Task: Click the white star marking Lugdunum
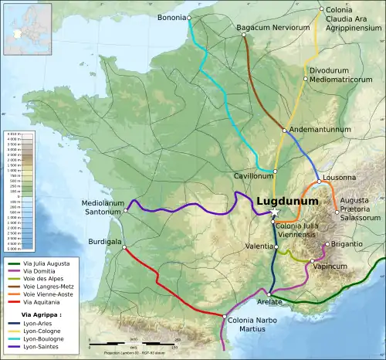coord(274,212)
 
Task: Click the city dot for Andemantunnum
coord(285,130)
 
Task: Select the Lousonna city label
coord(340,177)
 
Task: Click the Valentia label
coord(258,246)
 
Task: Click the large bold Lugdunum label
coord(288,199)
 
